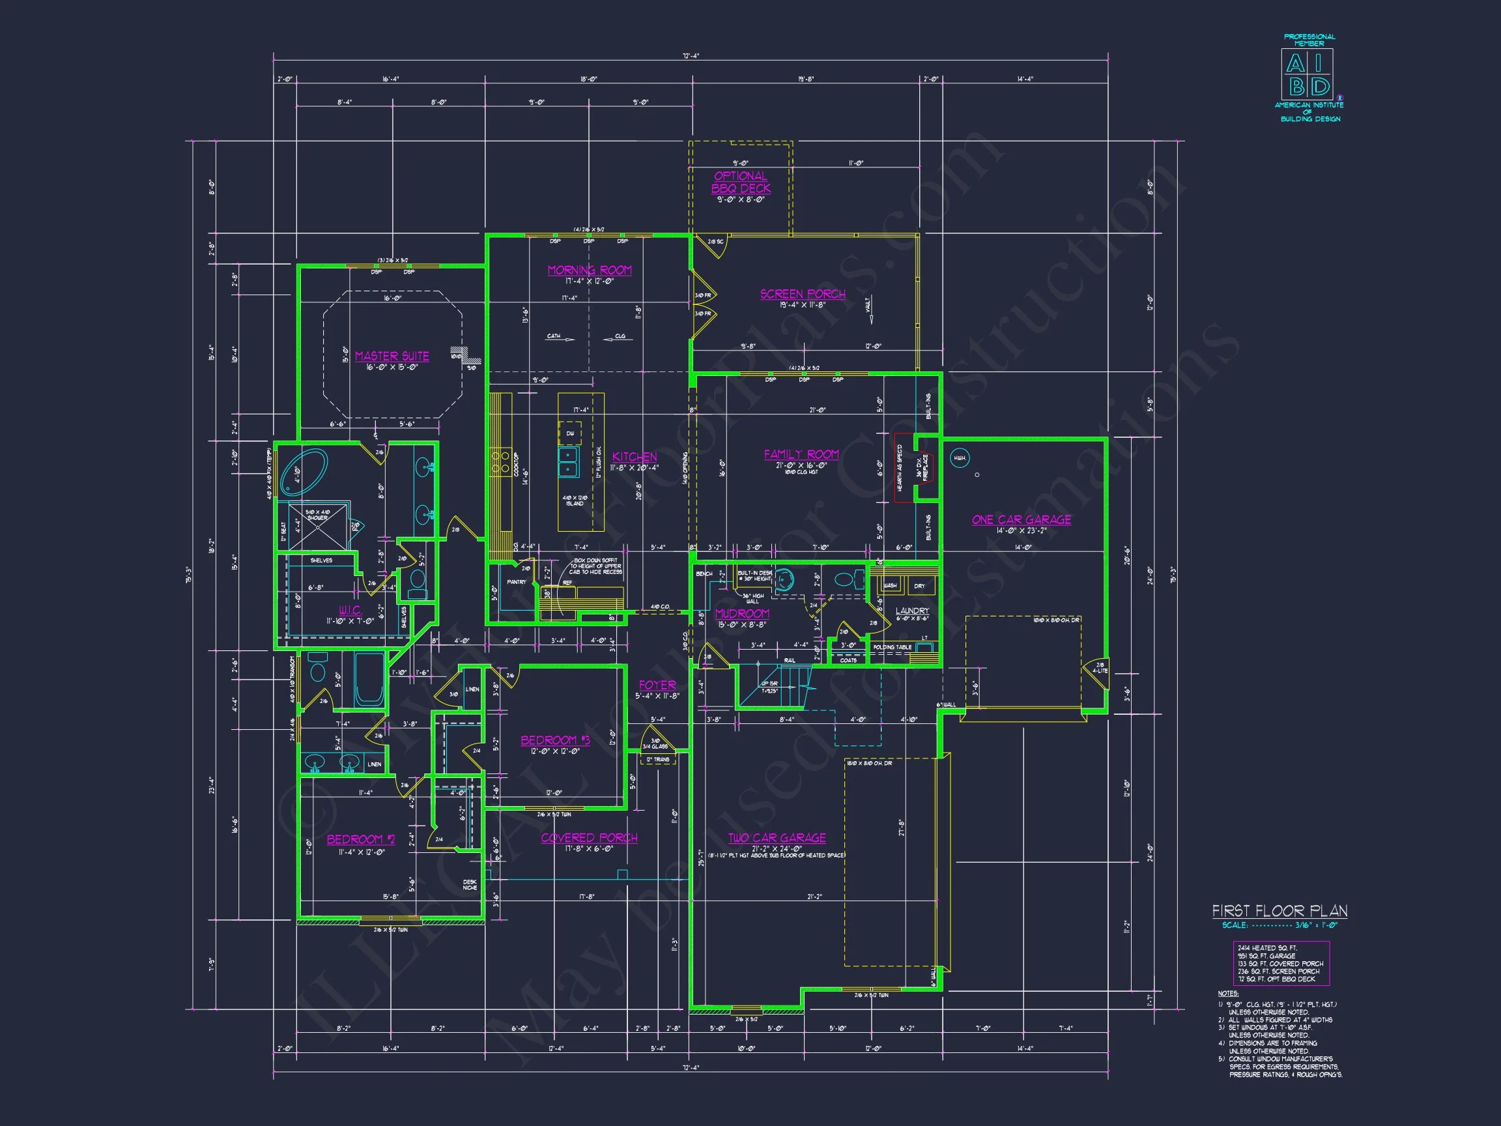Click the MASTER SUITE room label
392,356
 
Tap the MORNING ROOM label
589,270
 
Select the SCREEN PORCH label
802,294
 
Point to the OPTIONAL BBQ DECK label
740,182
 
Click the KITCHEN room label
634,457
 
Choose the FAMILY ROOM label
801,454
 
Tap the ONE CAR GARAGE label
1021,519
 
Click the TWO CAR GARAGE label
777,837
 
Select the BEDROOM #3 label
555,740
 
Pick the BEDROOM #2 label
360,839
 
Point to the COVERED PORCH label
588,837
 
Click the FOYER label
656,685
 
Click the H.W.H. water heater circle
960,458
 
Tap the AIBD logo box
1307,75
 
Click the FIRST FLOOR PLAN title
1279,911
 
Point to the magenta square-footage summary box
1280,963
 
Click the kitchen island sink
569,461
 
